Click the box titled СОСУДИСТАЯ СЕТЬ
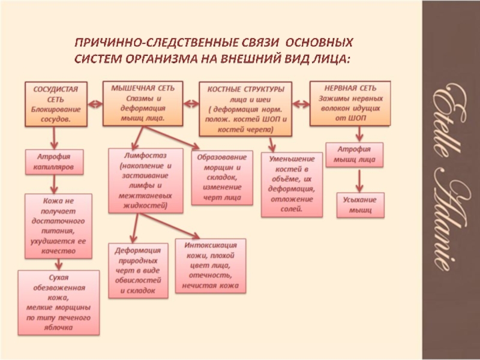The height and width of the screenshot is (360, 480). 55,104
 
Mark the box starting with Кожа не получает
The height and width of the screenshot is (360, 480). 58,225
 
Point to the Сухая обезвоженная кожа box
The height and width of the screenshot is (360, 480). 58,302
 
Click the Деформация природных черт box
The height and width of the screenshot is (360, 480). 137,270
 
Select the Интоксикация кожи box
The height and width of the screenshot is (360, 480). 209,266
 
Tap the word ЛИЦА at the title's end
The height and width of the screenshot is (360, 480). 330,58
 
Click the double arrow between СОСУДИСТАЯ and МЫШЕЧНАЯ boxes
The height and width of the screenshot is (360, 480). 95,103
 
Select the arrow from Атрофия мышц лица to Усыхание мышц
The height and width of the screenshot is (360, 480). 359,179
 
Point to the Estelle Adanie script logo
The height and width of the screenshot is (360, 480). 449,179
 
